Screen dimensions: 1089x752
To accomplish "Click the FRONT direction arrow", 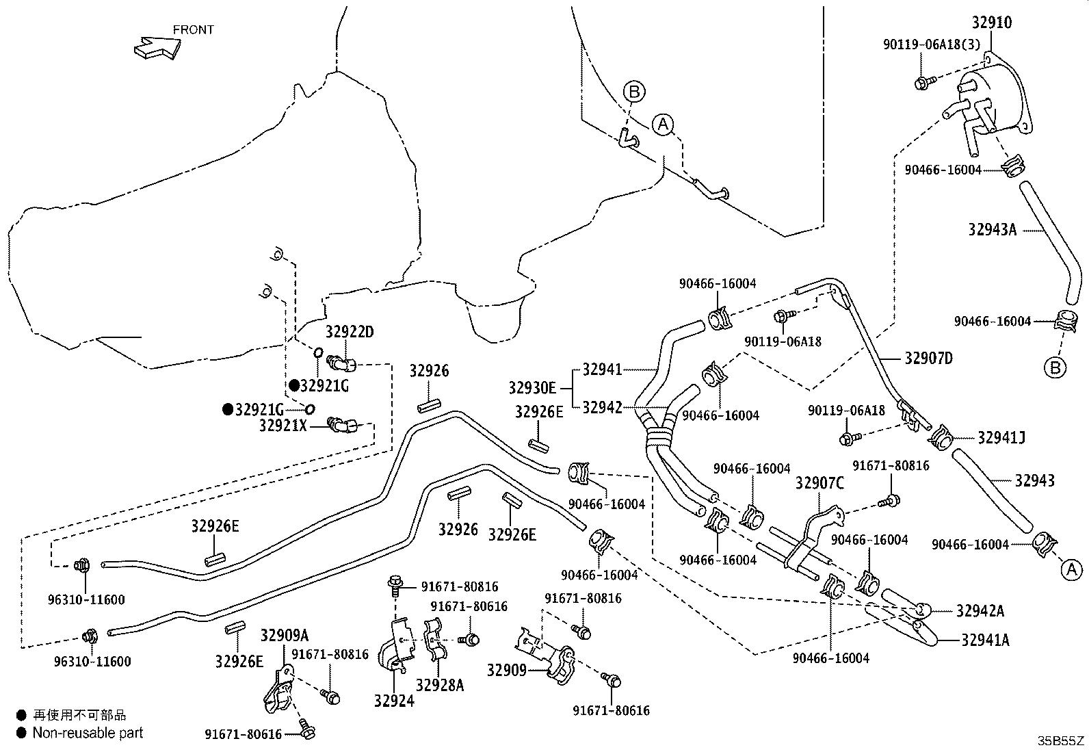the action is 157,48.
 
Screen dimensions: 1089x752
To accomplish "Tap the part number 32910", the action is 992,23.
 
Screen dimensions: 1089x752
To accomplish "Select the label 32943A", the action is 993,230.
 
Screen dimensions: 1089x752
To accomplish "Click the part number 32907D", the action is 928,359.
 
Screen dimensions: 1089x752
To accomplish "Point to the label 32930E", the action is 532,388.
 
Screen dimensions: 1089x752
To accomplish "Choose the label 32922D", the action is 350,332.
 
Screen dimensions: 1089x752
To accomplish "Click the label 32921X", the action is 283,426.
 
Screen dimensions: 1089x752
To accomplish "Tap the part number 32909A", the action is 285,635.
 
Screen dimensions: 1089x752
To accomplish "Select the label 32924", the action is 394,701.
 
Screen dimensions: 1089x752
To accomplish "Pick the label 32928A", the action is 440,686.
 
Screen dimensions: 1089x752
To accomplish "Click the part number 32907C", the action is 819,483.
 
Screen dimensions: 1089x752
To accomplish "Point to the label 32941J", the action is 1001,438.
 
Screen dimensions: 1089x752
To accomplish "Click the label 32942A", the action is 980,611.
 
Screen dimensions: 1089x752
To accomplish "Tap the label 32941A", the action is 986,640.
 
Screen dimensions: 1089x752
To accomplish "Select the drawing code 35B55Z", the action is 1061,741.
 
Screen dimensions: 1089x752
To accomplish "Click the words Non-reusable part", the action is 88,733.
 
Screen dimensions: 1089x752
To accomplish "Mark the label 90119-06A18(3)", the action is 932,44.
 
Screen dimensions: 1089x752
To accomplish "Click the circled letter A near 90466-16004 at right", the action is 1071,569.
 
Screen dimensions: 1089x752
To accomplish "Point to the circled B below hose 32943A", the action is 1055,367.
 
